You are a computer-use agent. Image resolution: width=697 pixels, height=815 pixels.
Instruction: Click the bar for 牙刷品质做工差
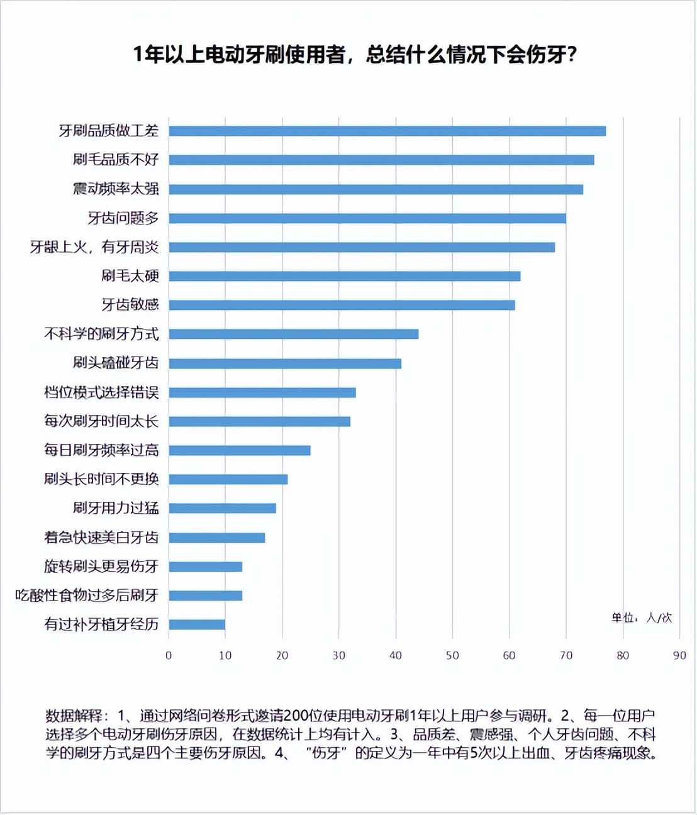click(x=387, y=131)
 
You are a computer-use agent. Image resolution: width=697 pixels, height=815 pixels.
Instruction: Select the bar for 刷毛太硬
click(x=344, y=276)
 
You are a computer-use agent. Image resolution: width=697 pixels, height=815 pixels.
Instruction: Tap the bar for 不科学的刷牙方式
click(x=293, y=334)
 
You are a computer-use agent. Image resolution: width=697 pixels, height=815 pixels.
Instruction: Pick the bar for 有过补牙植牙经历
click(x=197, y=624)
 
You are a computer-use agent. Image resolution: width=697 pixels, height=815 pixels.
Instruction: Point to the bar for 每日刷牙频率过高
click(x=239, y=450)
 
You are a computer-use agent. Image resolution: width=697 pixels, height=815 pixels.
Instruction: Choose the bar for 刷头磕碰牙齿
click(x=284, y=363)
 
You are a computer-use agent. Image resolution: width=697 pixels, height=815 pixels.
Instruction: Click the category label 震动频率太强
click(x=116, y=189)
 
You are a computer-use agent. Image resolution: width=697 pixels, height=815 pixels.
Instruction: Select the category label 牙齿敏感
click(x=130, y=305)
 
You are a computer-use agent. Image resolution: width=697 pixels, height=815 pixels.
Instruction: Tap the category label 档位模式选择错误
click(x=101, y=392)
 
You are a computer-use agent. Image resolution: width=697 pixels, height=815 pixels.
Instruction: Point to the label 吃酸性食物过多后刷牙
click(x=87, y=596)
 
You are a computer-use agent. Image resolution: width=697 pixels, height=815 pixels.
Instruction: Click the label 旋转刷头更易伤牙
click(x=101, y=567)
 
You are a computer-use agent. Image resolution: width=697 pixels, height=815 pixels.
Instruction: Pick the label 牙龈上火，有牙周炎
click(x=94, y=247)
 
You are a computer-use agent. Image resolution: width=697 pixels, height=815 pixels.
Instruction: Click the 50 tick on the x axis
click(x=452, y=655)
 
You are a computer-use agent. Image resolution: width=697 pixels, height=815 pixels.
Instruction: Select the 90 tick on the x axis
click(x=679, y=655)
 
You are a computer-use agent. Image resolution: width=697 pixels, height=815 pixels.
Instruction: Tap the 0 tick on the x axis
click(x=169, y=655)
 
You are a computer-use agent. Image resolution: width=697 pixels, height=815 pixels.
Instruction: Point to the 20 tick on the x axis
click(x=282, y=655)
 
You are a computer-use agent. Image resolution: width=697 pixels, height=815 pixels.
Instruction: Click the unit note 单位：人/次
click(x=641, y=618)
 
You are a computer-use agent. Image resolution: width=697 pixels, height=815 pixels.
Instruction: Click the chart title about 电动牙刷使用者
click(x=355, y=55)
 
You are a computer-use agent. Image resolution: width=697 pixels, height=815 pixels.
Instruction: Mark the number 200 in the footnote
click(x=296, y=716)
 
